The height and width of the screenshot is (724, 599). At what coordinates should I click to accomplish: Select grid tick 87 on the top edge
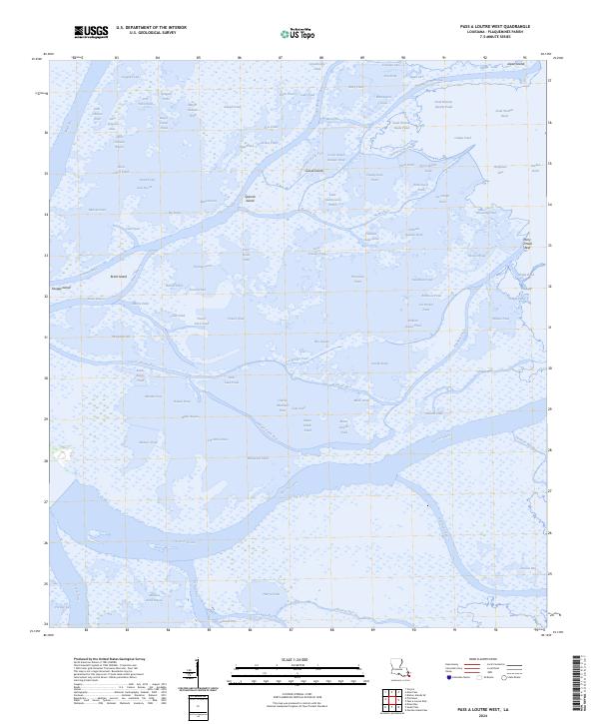coord(281,58)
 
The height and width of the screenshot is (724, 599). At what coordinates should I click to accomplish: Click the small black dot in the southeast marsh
coord(428,505)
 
